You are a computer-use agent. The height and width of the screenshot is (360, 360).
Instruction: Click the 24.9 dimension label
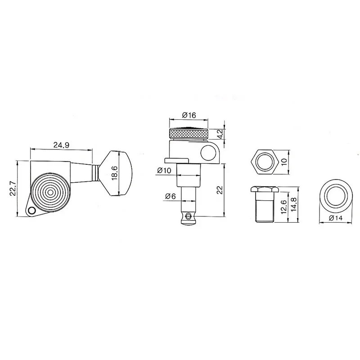[61, 145]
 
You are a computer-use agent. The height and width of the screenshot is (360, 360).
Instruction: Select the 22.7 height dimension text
[13, 189]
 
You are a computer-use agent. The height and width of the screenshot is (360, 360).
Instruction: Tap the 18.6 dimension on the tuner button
[115, 173]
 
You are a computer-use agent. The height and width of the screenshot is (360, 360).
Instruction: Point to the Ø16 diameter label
[189, 115]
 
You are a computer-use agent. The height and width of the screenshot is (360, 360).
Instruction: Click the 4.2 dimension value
[220, 134]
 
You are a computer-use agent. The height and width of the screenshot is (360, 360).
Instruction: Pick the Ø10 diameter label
[164, 170]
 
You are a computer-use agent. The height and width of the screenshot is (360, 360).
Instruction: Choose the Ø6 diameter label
[171, 196]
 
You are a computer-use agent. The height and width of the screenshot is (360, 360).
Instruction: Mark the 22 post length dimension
[220, 190]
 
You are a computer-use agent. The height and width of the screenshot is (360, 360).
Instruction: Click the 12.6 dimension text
[283, 207]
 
